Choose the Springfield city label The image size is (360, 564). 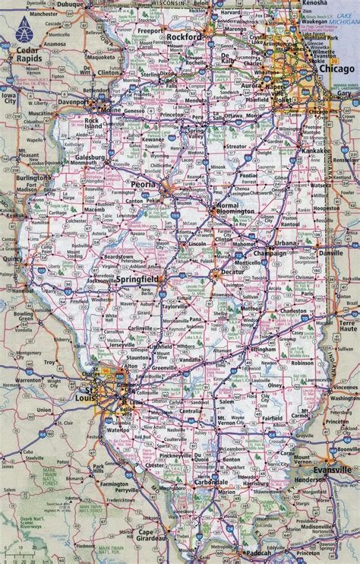pyautogui.click(x=139, y=281)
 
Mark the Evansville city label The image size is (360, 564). pyautogui.click(x=336, y=471)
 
